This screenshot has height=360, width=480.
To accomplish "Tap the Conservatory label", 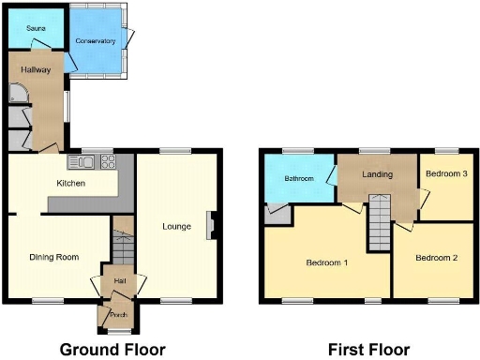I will (x=96, y=41).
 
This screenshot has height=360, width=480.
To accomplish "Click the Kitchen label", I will (x=71, y=183).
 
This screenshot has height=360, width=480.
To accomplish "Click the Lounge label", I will (x=176, y=226).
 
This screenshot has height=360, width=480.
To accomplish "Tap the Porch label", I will (x=118, y=315).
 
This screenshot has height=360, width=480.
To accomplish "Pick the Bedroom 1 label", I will (x=327, y=262).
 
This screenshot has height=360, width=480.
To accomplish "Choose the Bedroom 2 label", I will (x=436, y=258).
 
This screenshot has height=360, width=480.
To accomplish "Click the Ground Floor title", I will (x=113, y=350).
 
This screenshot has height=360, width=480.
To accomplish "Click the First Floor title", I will (x=368, y=350).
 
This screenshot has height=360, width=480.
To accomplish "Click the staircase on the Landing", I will (x=379, y=217).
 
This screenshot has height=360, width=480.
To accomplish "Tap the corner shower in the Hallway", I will (x=18, y=92).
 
